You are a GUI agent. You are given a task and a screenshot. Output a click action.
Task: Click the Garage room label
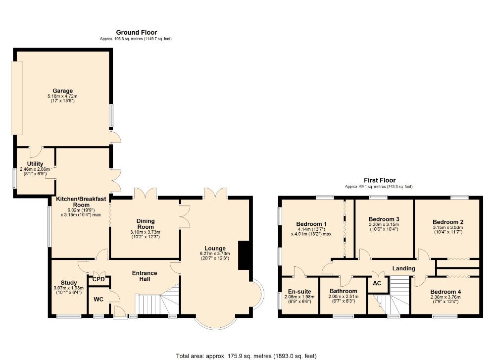click(62, 91)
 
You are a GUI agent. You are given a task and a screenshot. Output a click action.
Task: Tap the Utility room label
click(35, 164)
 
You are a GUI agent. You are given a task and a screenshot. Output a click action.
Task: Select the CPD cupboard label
click(99, 279)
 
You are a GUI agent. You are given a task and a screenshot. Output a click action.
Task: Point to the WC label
click(99, 300)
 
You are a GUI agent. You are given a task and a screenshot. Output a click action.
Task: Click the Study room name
click(69, 283)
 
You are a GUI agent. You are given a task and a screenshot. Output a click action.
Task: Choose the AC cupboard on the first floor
click(377, 283)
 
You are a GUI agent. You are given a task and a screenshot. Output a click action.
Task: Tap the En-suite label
click(299, 292)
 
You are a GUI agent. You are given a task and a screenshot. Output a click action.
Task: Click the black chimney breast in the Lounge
click(244, 256)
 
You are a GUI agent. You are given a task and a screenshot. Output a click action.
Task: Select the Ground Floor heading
click(137, 32)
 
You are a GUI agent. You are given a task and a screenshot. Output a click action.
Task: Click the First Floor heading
click(380, 180)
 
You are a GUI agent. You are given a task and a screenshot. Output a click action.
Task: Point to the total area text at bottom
click(246, 356)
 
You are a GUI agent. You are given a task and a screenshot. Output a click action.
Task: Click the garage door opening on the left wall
click(17, 98)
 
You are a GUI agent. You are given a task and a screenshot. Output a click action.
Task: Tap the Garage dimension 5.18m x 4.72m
click(62, 96)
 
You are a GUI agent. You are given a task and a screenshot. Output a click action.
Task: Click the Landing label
click(403, 268)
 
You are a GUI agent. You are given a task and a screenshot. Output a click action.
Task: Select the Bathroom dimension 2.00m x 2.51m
click(344, 297)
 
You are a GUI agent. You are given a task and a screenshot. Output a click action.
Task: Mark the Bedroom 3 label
click(384, 219)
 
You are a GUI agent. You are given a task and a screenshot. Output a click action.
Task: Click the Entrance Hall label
click(145, 276)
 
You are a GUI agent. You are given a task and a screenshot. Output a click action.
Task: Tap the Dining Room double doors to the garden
click(145, 193)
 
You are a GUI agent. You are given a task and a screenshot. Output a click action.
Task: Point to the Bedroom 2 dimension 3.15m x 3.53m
click(448, 227)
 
